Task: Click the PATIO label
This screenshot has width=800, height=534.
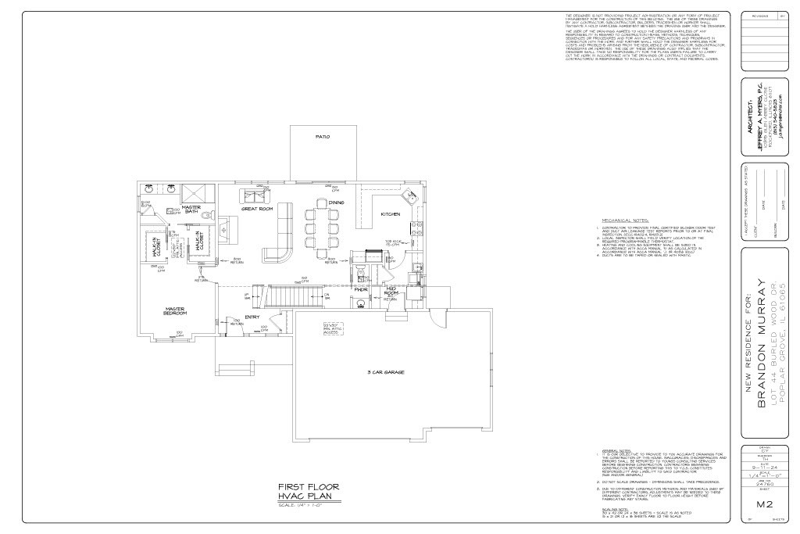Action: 322,137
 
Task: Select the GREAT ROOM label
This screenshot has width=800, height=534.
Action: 256,210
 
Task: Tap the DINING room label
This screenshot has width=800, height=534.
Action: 336,202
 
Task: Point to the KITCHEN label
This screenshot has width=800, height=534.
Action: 391,213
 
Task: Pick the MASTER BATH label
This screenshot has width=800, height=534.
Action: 191,210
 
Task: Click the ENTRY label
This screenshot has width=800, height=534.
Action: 252,317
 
